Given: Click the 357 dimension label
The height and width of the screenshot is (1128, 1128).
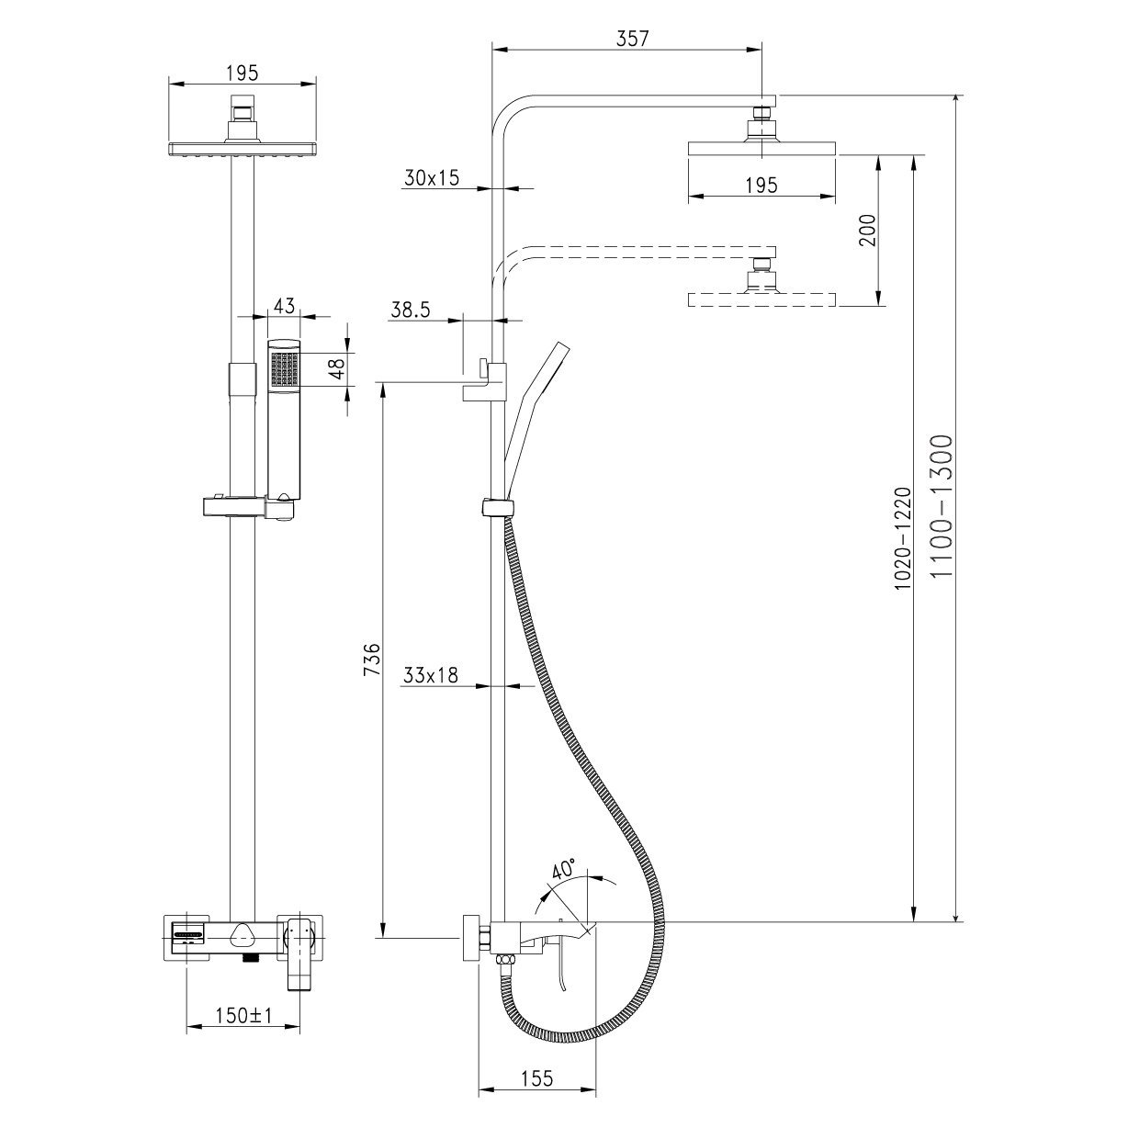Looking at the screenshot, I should [633, 39].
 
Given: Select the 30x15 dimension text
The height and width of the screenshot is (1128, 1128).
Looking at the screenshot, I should [431, 179].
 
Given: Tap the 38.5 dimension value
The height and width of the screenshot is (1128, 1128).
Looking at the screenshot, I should [410, 310].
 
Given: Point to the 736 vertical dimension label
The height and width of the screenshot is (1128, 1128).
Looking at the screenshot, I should [370, 660].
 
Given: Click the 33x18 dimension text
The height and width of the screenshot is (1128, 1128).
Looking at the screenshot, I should [430, 676].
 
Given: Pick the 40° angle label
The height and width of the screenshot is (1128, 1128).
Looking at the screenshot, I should [563, 868].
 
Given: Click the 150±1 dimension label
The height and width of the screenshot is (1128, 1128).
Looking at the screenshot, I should [243, 1016].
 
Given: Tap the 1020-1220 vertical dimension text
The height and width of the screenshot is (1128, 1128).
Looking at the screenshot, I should [903, 538].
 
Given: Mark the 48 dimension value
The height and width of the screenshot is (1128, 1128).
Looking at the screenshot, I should [337, 368].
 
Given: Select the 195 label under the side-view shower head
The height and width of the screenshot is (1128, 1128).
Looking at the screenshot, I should [761, 185].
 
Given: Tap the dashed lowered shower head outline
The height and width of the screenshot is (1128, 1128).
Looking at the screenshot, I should [761, 299].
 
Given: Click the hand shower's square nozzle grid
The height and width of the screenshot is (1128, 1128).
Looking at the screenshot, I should [284, 369].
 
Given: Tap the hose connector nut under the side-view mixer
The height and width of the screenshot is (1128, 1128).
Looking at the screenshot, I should [502, 961].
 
